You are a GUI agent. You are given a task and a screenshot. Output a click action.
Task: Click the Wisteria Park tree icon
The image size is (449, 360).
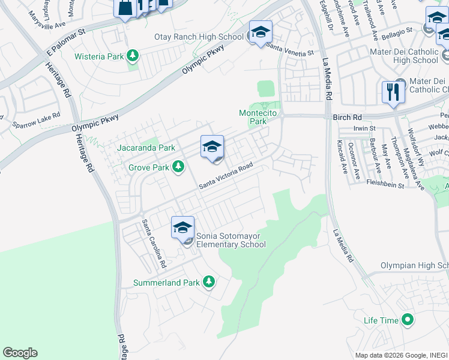[133, 57]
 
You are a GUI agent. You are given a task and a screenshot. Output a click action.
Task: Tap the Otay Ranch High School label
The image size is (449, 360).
[199, 37]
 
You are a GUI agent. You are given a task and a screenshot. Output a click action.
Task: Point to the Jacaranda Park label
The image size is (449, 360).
[146, 148]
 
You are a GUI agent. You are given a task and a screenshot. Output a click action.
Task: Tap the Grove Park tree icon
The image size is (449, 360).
[178, 166]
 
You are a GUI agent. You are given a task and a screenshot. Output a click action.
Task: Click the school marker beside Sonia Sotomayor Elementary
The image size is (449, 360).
[182, 228]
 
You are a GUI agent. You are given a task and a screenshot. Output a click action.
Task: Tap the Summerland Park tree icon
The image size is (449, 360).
[209, 282]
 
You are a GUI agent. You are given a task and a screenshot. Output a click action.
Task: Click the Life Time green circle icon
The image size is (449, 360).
[408, 320]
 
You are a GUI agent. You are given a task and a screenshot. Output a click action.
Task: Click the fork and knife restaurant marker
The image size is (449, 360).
[393, 92]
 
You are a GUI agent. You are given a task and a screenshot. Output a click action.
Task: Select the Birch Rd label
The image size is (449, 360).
[345, 118]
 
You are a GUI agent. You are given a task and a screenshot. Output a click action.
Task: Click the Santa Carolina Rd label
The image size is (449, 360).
[154, 243]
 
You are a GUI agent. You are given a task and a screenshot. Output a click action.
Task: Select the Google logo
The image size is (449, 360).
[20, 353]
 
